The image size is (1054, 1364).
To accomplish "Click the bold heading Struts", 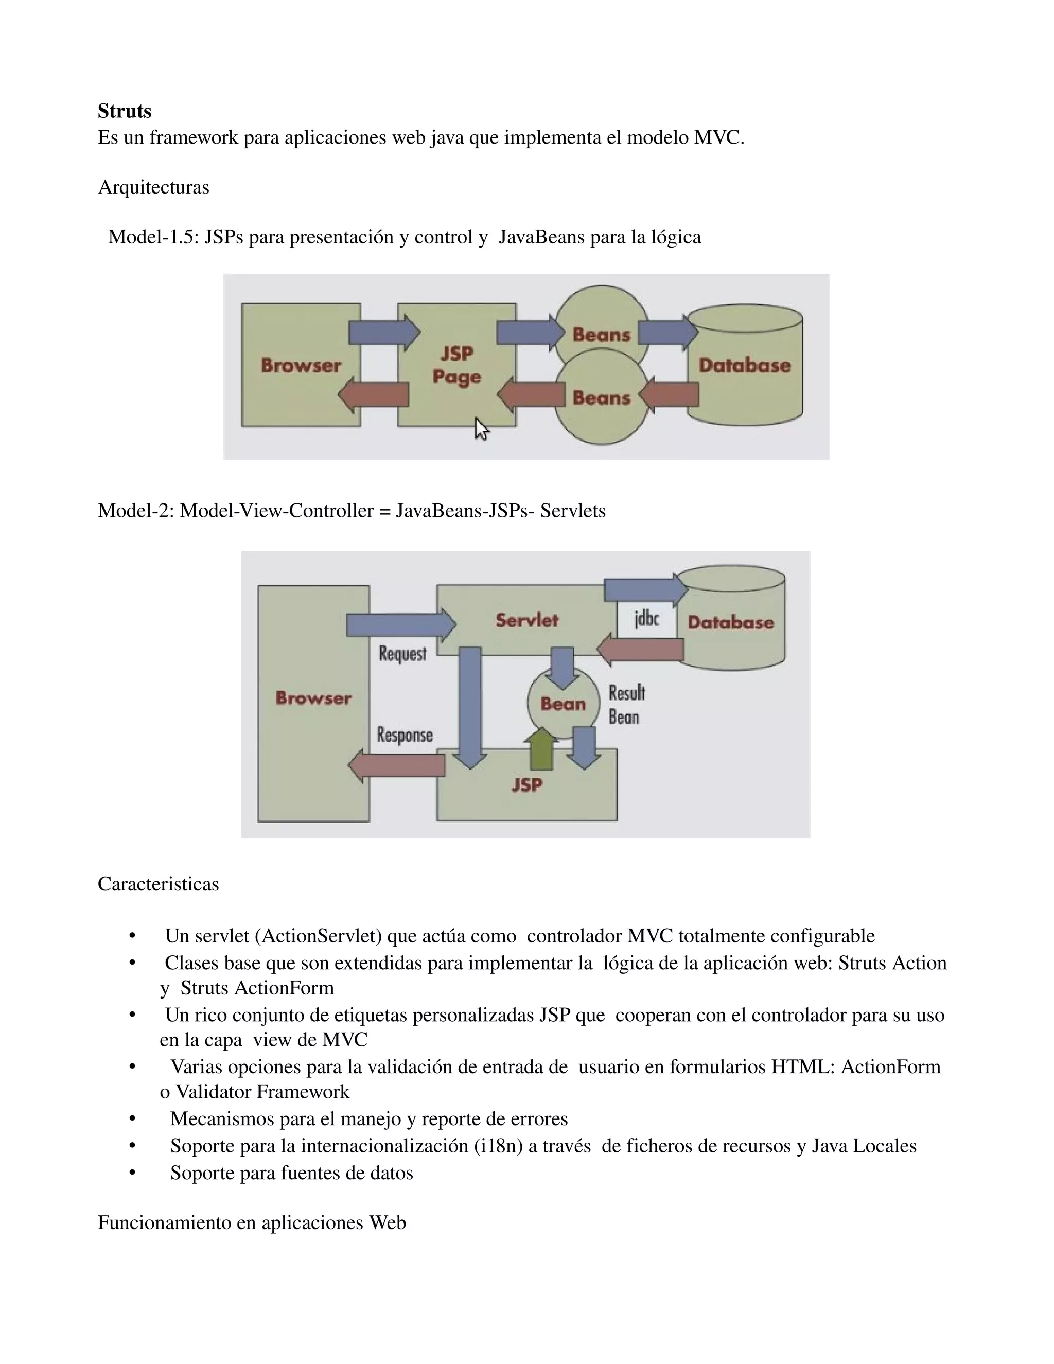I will [124, 111].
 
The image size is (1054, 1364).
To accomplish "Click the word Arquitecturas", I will [153, 187].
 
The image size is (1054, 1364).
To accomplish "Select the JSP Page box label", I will [456, 365].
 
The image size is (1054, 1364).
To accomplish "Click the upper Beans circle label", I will [601, 335].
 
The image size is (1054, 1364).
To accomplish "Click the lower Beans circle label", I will [601, 398].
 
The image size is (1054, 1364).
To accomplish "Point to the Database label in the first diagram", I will [744, 365].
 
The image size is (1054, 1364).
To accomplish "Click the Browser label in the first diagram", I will [301, 365].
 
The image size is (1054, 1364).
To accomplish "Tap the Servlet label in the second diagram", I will [527, 620].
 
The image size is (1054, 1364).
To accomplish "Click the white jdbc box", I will [646, 619].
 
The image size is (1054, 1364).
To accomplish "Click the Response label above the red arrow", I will [405, 735].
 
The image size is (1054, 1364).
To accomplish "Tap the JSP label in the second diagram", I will [527, 784].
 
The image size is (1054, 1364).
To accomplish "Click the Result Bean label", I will [626, 705].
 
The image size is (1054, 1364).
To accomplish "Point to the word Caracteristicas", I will [158, 884].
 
